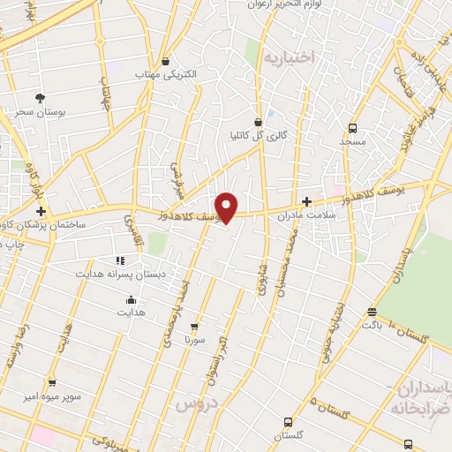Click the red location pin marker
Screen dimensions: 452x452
(x=227, y=207)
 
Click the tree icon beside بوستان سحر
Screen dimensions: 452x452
(x=39, y=97)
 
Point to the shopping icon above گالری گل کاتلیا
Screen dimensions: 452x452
(x=258, y=123)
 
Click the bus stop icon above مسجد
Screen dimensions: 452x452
(x=352, y=128)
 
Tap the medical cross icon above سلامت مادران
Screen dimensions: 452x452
(x=306, y=202)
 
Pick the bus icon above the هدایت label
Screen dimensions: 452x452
(x=131, y=300)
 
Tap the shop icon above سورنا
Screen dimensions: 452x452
(x=194, y=326)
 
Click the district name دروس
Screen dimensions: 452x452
(x=194, y=403)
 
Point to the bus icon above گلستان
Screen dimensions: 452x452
(x=288, y=423)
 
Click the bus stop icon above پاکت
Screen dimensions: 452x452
(x=372, y=312)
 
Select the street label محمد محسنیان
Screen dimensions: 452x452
(x=298, y=265)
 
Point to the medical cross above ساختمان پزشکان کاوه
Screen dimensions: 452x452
(x=41, y=212)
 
